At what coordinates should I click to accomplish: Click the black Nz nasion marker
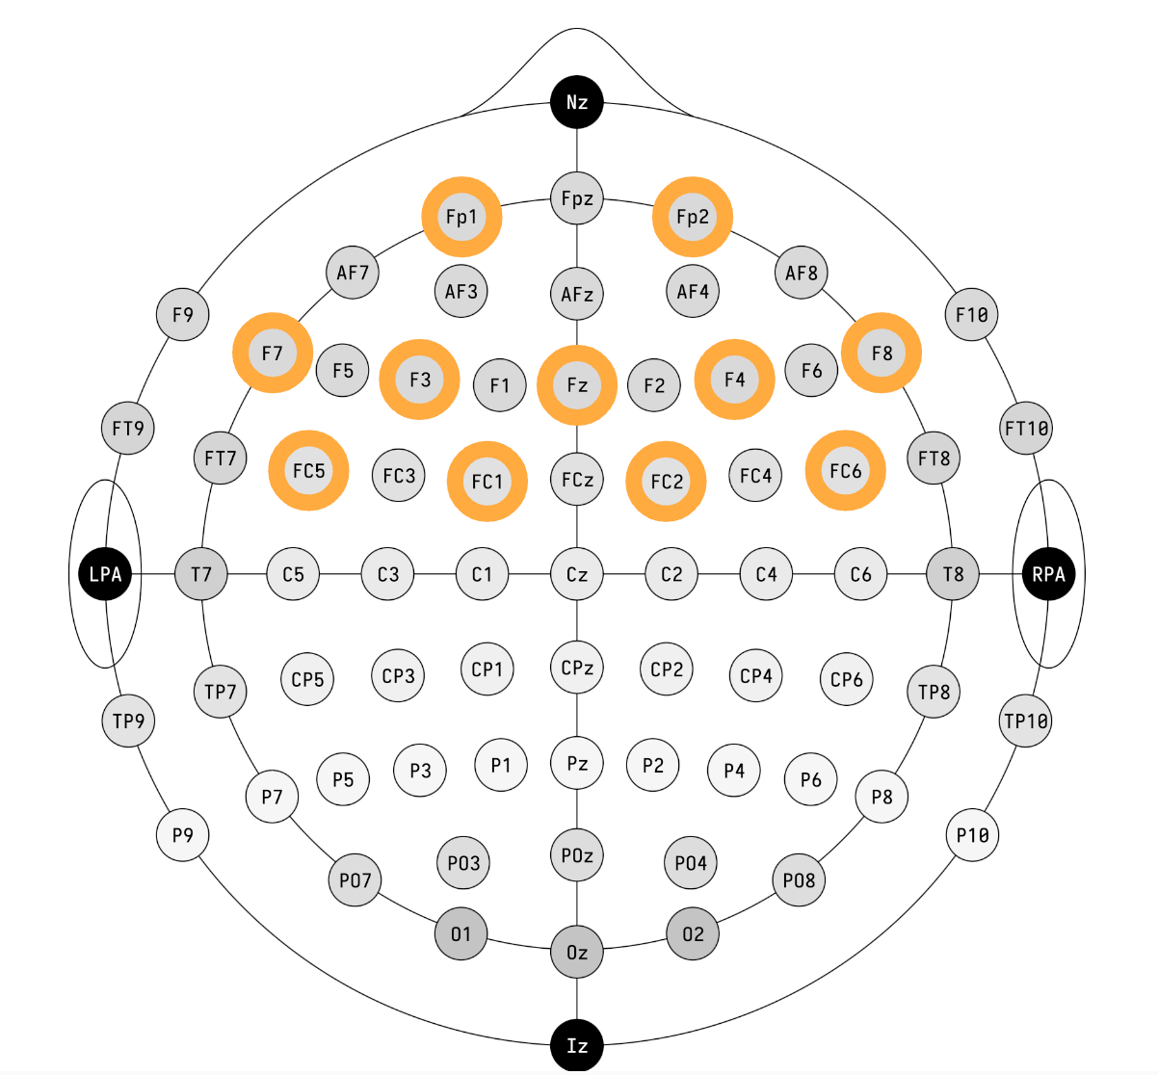click(x=577, y=102)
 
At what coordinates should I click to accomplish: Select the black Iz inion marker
click(x=577, y=1045)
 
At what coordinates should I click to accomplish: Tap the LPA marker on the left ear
click(x=105, y=574)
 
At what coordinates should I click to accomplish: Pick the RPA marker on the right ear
click(x=1048, y=574)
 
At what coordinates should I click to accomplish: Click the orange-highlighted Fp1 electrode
click(x=461, y=217)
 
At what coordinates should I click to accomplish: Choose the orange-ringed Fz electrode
click(x=577, y=385)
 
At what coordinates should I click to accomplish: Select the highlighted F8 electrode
click(x=882, y=353)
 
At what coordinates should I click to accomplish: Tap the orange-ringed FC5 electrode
click(x=308, y=471)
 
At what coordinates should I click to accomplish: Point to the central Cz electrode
click(x=577, y=574)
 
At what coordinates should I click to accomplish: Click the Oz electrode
click(x=577, y=952)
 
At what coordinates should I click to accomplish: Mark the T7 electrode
click(x=200, y=574)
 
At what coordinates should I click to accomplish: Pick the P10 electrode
click(x=972, y=835)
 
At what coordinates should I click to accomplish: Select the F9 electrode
click(x=182, y=314)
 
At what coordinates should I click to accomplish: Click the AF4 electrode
click(x=693, y=291)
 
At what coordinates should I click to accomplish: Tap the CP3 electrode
click(x=398, y=675)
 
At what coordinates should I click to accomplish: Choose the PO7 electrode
click(x=355, y=879)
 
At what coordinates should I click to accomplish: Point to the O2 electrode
click(x=693, y=933)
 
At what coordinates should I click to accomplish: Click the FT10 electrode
click(x=1026, y=428)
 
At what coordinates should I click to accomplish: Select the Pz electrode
click(x=577, y=763)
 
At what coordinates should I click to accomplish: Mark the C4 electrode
click(x=766, y=574)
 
